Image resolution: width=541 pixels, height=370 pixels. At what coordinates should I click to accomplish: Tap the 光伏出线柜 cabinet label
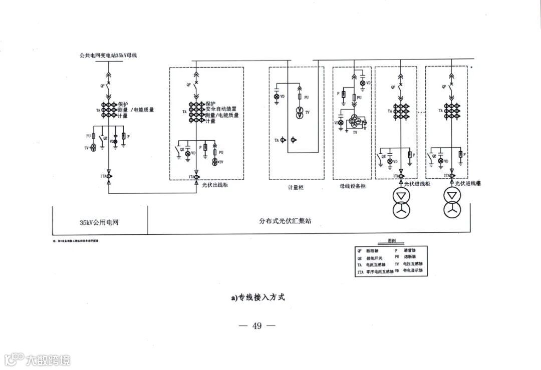214,185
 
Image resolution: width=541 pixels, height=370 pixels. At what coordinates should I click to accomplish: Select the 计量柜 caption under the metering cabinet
295,187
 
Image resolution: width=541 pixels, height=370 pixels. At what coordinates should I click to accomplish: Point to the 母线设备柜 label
352,186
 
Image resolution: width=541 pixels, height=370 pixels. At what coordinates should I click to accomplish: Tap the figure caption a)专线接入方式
258,297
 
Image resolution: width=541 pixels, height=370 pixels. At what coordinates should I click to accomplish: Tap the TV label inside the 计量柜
308,113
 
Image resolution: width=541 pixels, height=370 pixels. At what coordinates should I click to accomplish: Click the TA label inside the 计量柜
277,141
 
